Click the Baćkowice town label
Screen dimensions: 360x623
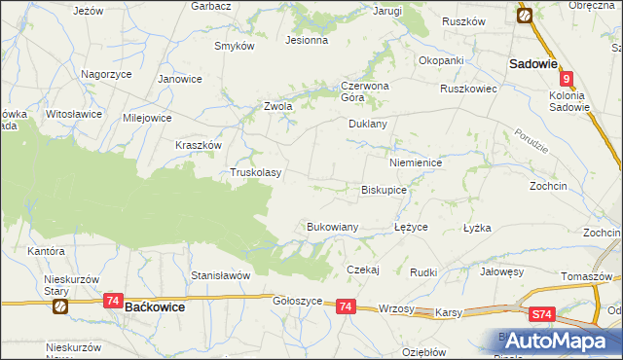(157, 306)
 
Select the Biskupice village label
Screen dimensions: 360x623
(384, 191)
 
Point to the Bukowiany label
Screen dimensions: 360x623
(333, 226)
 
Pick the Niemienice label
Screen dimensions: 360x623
(416, 162)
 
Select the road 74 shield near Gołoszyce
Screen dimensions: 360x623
(346, 306)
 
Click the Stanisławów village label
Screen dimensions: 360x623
(221, 275)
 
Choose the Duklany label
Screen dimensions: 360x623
(368, 125)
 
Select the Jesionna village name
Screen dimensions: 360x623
(306, 41)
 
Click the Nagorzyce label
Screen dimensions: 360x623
(107, 74)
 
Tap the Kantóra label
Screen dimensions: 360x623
(46, 251)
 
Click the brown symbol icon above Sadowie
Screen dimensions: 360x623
(524, 15)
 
